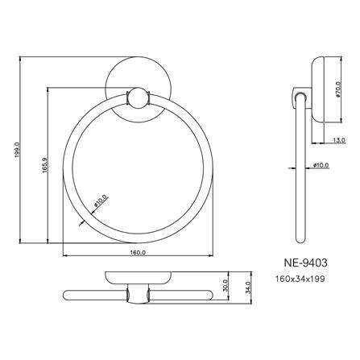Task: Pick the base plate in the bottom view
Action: coord(138,279)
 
